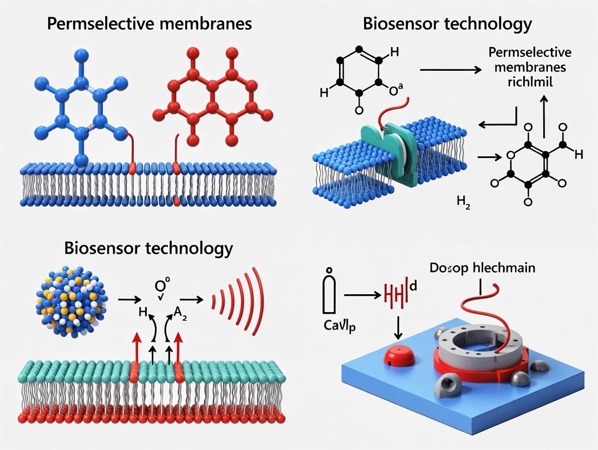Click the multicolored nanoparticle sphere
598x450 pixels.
point(71,301)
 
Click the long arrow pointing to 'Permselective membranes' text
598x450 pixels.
point(451,70)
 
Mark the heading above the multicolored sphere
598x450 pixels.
point(148,248)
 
